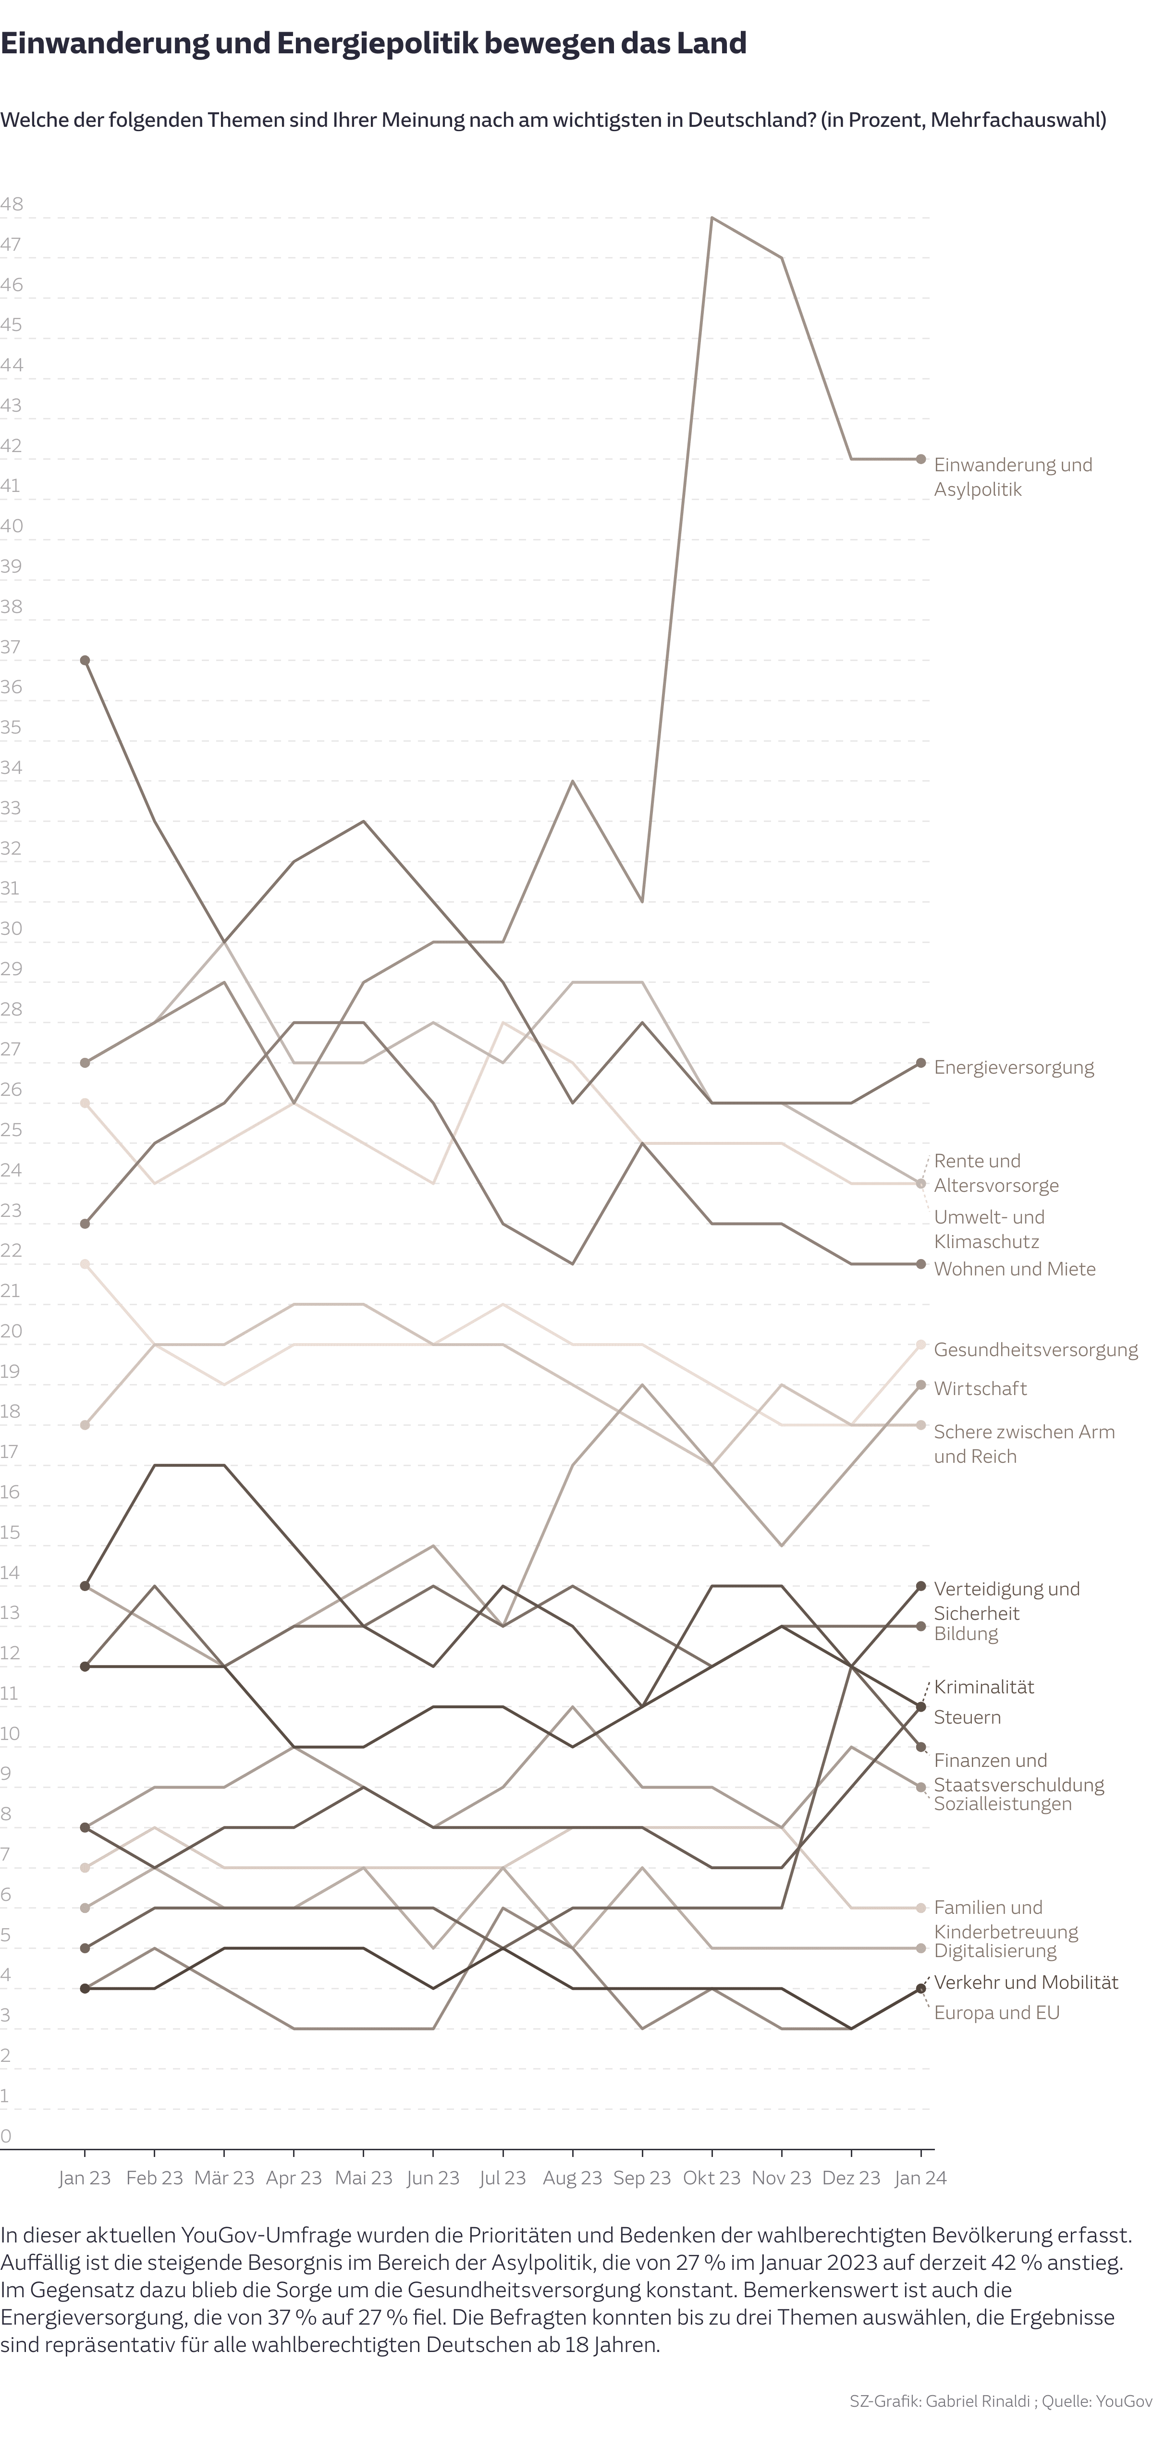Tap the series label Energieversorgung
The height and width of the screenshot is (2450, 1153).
tap(1013, 1067)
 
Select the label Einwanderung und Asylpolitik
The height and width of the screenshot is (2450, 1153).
tap(1012, 477)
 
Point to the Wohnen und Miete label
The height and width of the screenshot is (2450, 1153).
tap(1014, 1269)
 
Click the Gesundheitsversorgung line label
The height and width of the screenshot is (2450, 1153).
tap(1035, 1349)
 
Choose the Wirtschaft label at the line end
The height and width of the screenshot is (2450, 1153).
tap(980, 1389)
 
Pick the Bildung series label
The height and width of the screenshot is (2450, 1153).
tap(966, 1634)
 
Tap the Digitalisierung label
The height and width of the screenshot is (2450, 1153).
tap(995, 1951)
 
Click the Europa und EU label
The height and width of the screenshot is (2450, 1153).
tap(996, 2012)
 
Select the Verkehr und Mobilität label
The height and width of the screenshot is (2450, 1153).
tap(1026, 1982)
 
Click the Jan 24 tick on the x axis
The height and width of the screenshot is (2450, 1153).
tap(920, 2178)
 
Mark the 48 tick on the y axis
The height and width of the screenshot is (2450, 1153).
tap(12, 205)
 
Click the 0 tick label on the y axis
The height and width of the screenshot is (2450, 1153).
tap(7, 2136)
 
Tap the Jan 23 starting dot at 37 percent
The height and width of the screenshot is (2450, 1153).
tap(85, 660)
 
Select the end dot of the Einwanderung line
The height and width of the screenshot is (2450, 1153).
tap(920, 459)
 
